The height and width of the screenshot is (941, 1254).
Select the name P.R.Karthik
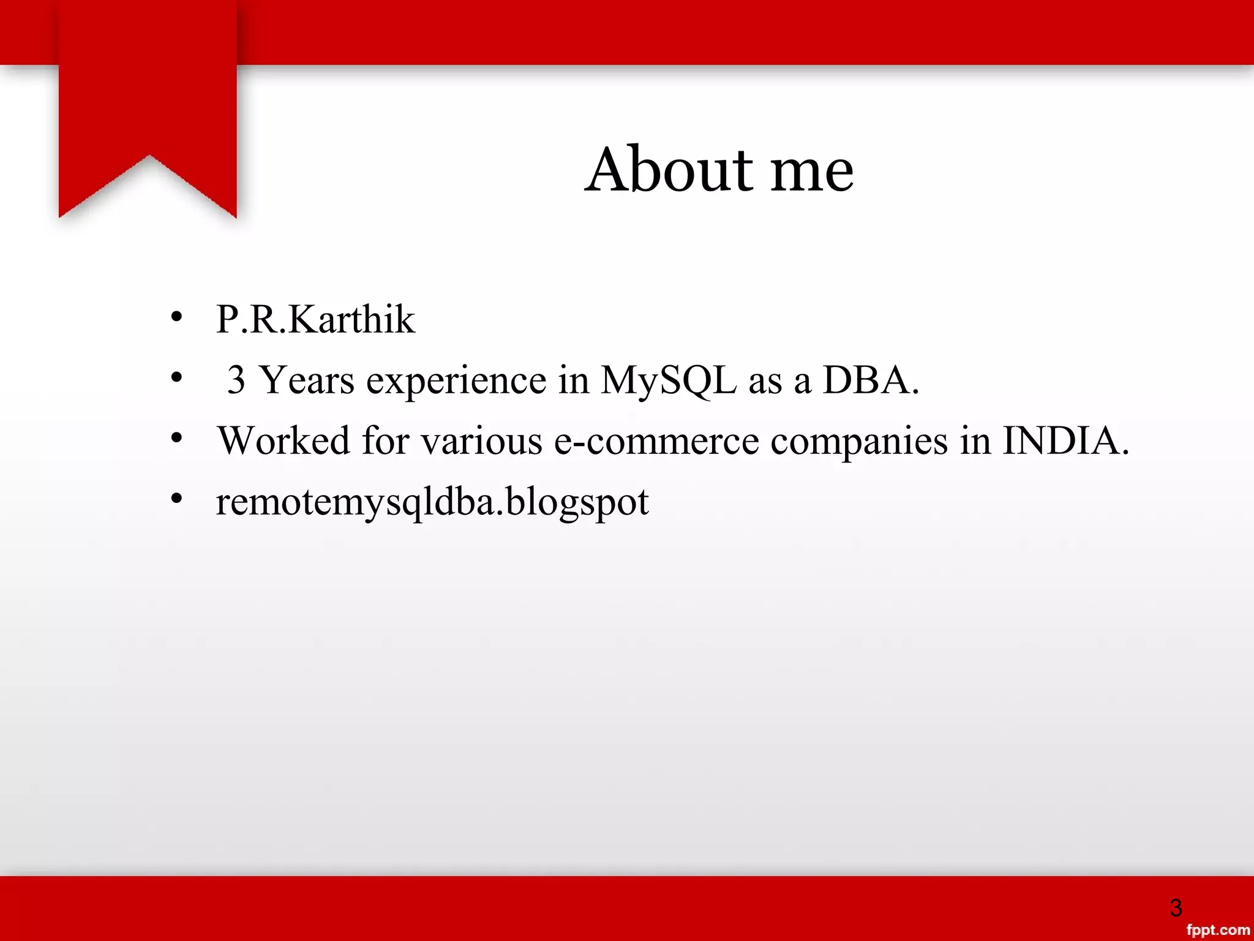pos(315,319)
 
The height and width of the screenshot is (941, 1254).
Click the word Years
pos(307,380)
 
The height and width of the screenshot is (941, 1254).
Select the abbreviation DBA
pos(870,380)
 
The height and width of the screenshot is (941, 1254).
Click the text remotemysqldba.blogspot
pos(432,502)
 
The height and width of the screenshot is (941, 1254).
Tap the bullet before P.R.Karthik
pos(177,317)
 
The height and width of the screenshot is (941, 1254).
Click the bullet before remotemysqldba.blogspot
pos(177,499)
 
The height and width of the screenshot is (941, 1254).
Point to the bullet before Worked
pos(177,438)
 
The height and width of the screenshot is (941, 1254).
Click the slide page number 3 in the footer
pos(1175,907)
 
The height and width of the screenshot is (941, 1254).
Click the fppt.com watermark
pos(1218,930)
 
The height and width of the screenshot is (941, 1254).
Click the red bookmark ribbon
pos(148,98)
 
